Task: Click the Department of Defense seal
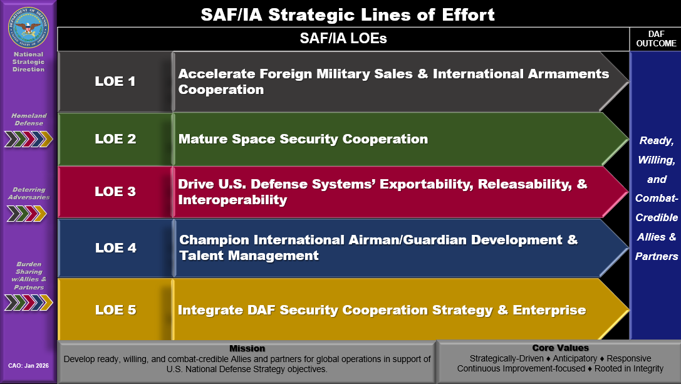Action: [28, 28]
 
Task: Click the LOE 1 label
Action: [115, 81]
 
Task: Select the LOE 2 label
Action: [115, 139]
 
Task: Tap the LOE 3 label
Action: [115, 192]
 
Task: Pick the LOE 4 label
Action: [115, 248]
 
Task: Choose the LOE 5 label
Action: [115, 310]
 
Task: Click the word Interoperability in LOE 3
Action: [232, 200]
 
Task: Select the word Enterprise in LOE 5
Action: [549, 310]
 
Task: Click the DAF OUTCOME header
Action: [656, 39]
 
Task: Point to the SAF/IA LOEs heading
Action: [343, 38]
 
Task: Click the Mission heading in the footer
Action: [247, 348]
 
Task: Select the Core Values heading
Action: [560, 348]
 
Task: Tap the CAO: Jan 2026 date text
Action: [28, 366]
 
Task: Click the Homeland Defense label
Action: [29, 120]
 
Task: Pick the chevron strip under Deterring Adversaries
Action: [26, 214]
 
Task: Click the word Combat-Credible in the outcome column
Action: [656, 207]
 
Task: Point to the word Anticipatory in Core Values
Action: [574, 358]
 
